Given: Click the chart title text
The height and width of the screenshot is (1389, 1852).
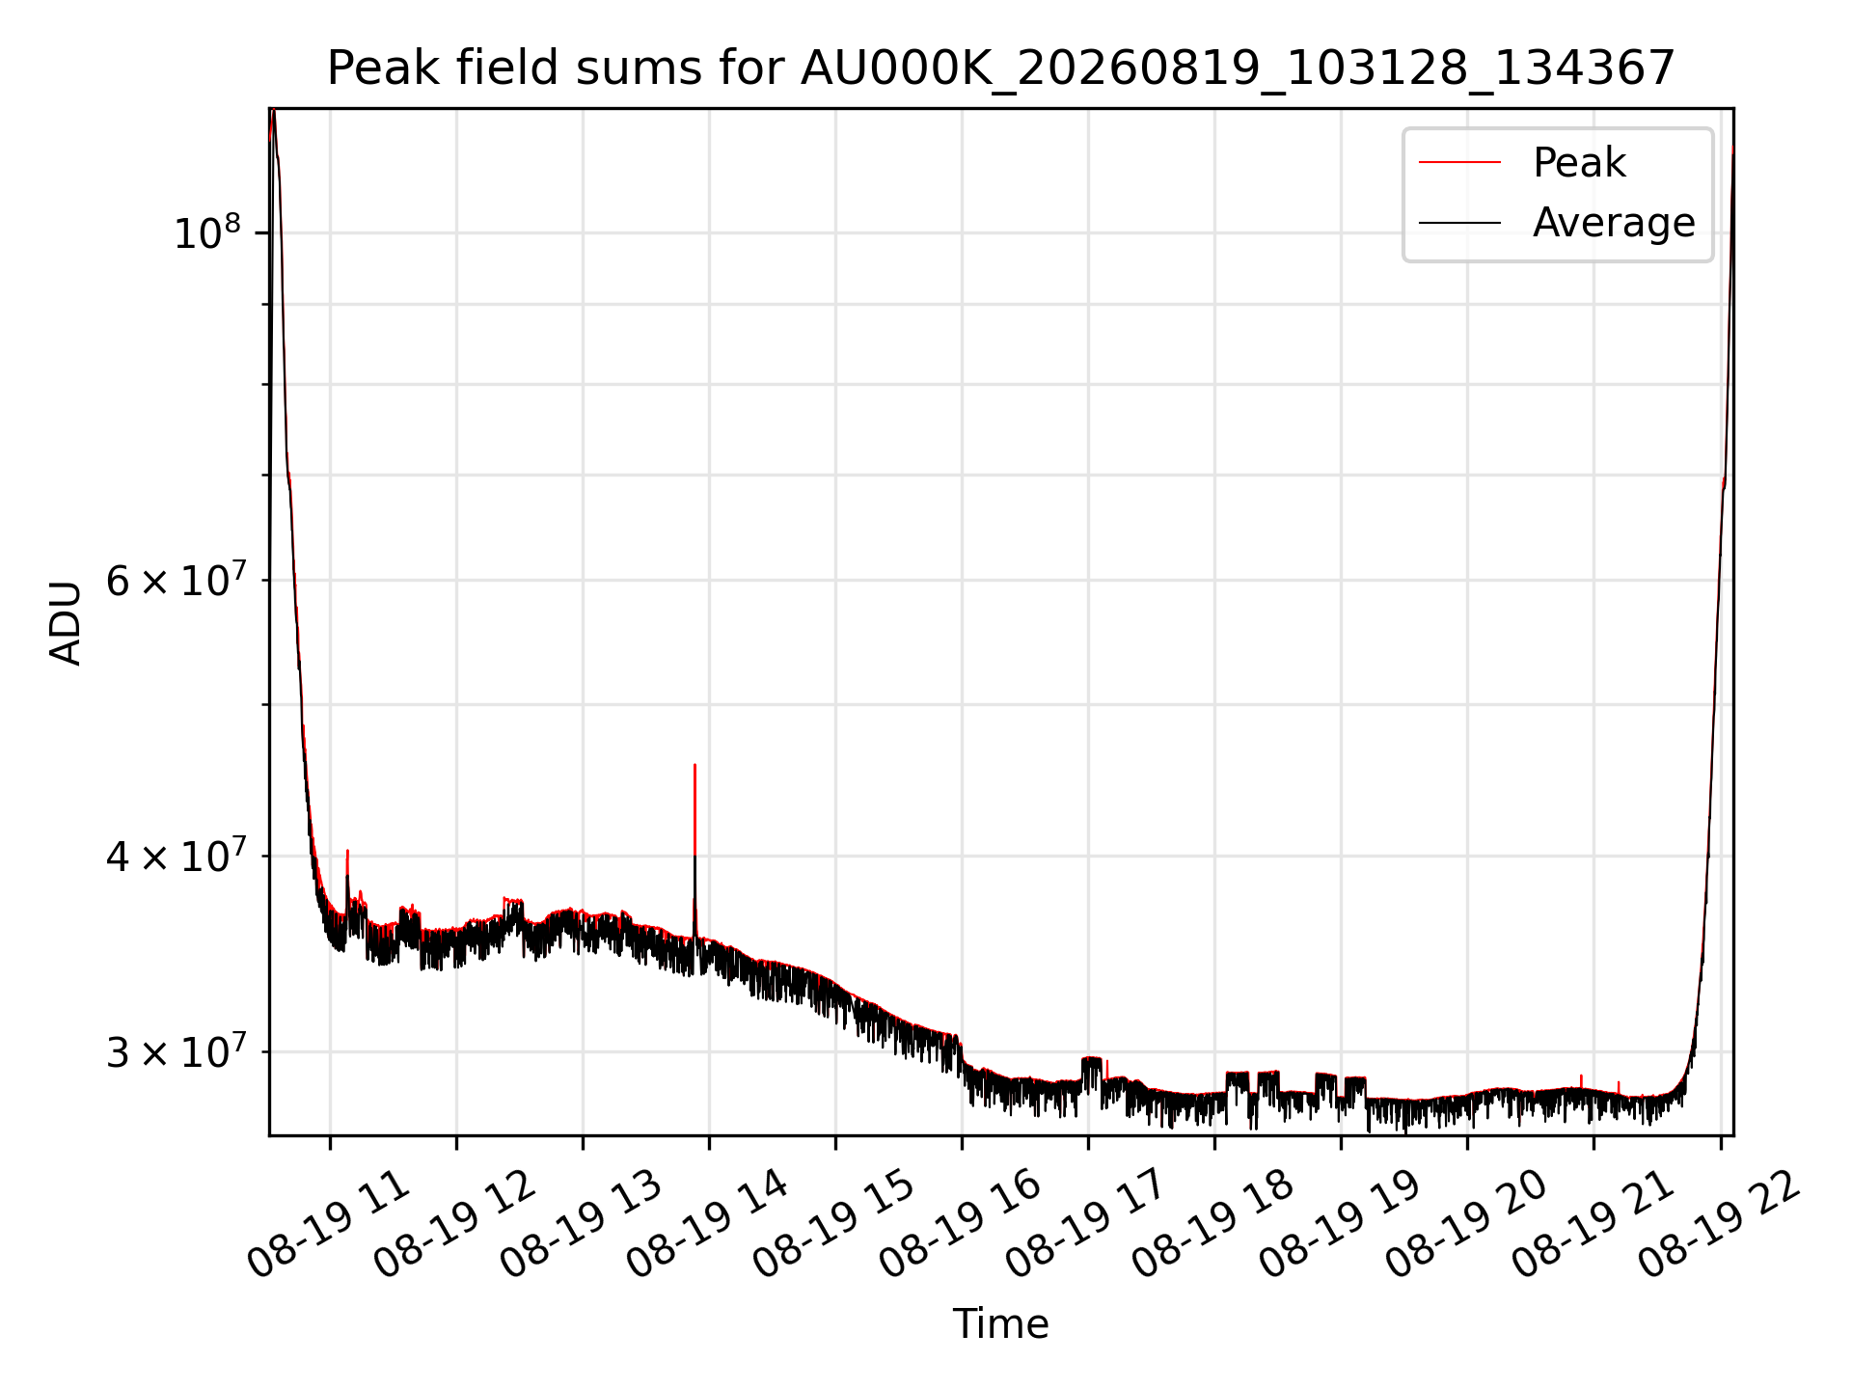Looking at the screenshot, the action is (1000, 68).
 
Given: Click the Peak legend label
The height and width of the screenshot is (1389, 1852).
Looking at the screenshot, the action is (1579, 162).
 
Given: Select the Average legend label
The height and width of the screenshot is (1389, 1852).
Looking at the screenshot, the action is (1614, 223).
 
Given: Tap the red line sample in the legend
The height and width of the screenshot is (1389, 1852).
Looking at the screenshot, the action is (1459, 163).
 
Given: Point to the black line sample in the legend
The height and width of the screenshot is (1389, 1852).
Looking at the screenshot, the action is (1459, 223).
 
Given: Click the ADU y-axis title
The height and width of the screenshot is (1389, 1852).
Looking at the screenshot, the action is (66, 622).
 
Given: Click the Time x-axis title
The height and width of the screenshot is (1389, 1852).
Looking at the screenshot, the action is (1000, 1323).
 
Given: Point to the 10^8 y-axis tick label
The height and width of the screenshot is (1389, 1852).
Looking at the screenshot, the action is (206, 232).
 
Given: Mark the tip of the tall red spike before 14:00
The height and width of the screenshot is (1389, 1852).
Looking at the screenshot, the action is (694, 765).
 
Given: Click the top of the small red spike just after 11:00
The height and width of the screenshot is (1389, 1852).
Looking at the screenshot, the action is (347, 851).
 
